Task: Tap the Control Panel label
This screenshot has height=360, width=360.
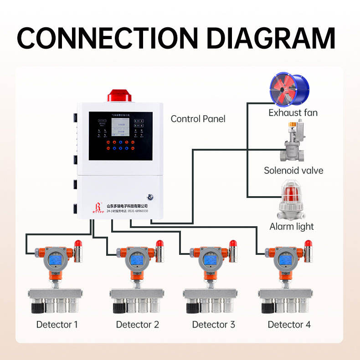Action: click(198, 119)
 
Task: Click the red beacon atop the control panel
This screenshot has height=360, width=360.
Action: click(118, 96)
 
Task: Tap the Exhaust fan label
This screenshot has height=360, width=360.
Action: click(293, 112)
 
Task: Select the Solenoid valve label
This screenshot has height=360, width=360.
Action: click(293, 171)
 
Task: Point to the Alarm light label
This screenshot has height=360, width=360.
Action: click(292, 226)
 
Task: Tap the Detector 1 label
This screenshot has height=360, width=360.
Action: click(57, 325)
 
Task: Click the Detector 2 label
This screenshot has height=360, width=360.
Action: click(137, 325)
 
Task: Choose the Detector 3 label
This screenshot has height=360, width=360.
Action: click(213, 325)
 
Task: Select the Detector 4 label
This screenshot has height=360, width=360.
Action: click(289, 325)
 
